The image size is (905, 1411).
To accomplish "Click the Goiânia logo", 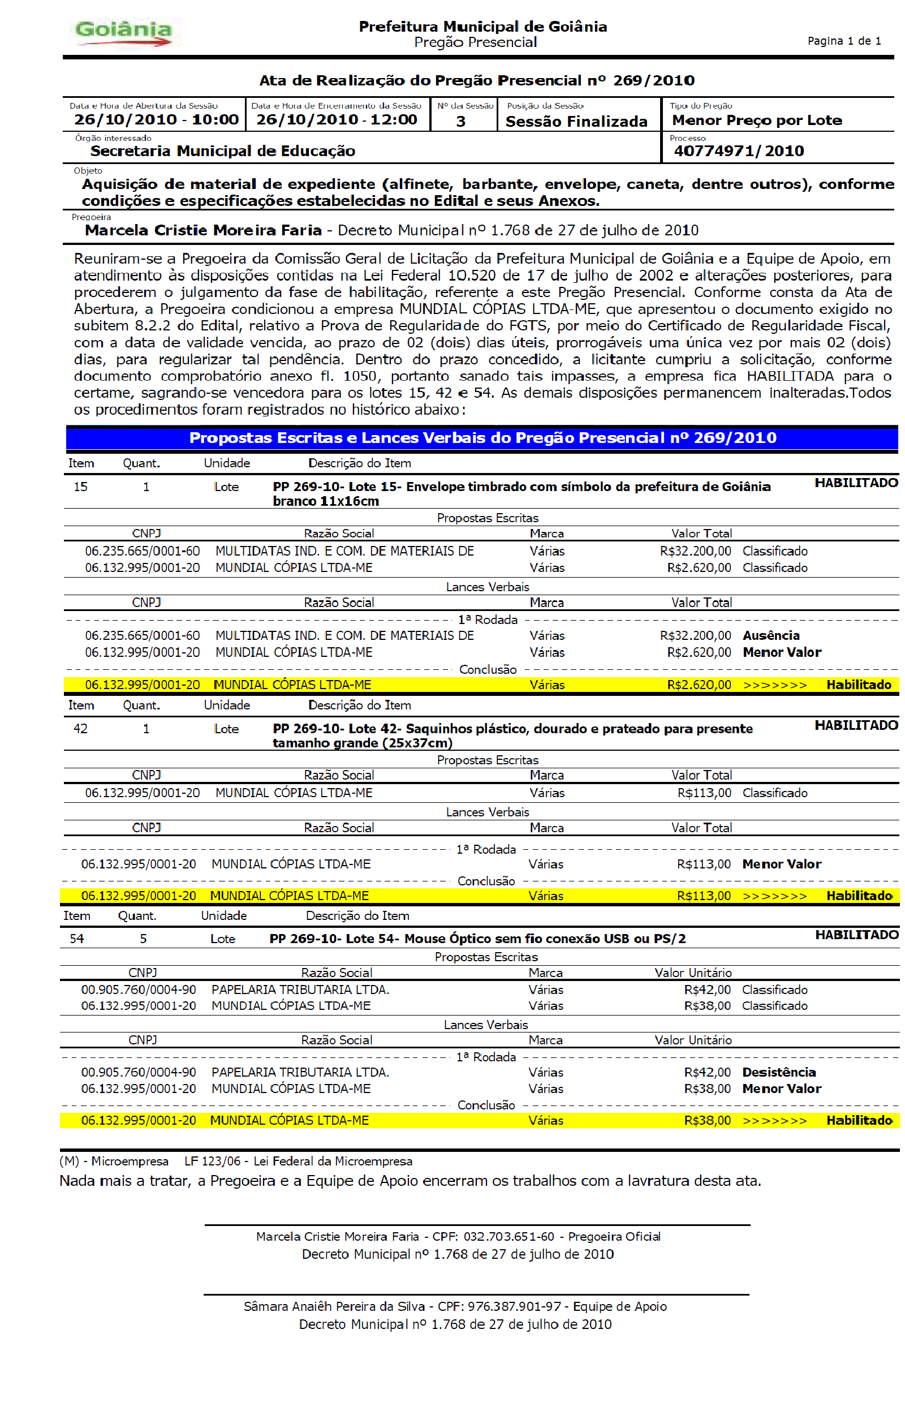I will point(123,33).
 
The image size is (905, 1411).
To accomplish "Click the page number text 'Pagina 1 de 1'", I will point(844,41).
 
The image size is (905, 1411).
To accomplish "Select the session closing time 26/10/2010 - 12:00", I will point(336,120).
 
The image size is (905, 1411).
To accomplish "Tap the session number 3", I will point(461,122).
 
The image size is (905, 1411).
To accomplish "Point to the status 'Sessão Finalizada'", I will point(576,122).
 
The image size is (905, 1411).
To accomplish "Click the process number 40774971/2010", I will point(739,152).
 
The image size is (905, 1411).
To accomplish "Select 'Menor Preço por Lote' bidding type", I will point(757,121).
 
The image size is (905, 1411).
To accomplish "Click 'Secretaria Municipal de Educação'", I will point(223,152).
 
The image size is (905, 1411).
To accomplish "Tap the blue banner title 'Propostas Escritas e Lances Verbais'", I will point(482,438).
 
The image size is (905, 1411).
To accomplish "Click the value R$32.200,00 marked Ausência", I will point(695,636).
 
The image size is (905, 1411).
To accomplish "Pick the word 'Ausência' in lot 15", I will point(771,636).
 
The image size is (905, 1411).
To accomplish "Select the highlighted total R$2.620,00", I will point(699,685).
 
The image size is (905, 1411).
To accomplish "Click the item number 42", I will point(80,729).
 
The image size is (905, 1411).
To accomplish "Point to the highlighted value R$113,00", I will point(704,896).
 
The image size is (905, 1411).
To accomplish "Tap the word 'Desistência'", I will point(779,1073).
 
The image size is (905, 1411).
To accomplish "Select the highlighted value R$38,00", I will point(707,1121).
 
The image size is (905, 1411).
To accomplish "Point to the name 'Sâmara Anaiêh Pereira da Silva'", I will point(334,1306).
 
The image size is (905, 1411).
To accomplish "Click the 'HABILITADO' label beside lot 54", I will point(856,935).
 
